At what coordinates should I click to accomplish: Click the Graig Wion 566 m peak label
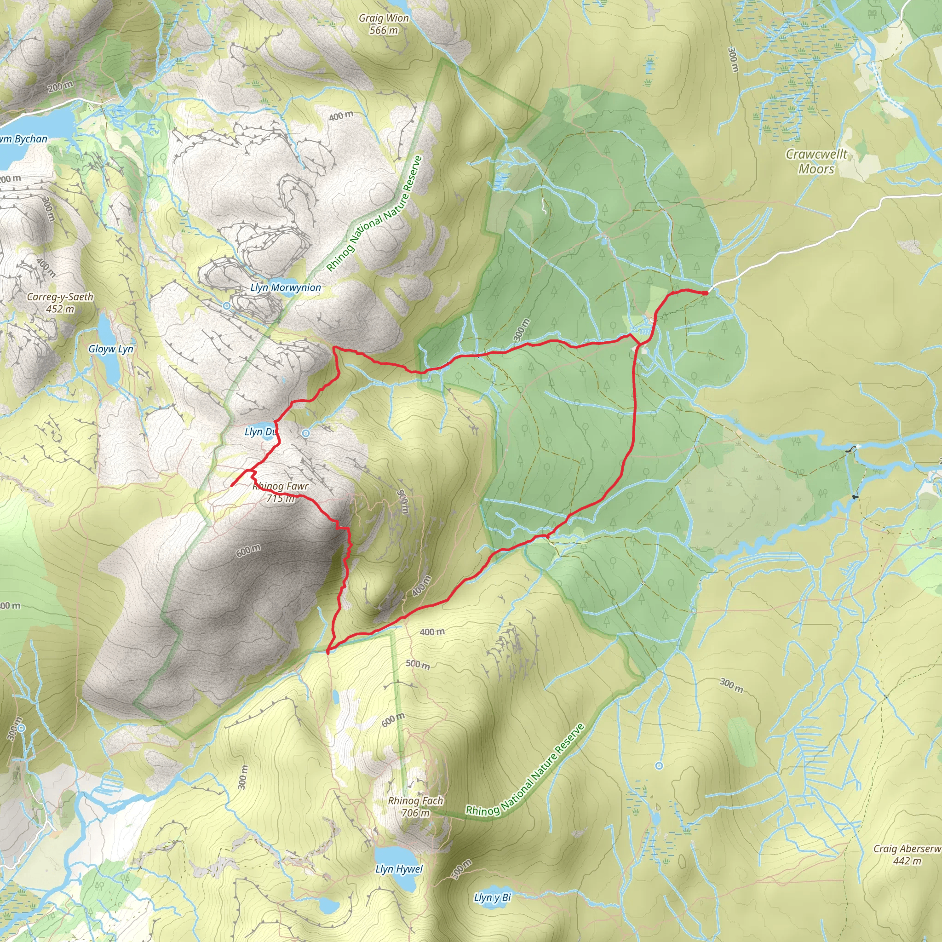[x=384, y=24]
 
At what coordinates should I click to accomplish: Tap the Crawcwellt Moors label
[x=816, y=161]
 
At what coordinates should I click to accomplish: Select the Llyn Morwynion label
[x=286, y=287]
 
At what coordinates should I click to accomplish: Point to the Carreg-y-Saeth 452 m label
[x=60, y=302]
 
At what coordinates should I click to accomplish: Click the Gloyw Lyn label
[x=111, y=349]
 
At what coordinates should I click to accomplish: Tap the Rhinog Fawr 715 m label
[x=281, y=492]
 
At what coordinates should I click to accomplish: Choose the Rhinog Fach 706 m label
[x=415, y=806]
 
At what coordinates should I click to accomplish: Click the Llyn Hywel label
[x=399, y=869]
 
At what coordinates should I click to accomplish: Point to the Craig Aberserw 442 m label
[x=907, y=855]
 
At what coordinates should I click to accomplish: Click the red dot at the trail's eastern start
[x=705, y=293]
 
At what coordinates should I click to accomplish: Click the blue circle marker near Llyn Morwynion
[x=227, y=306]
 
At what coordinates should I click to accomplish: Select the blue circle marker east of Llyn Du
[x=306, y=433]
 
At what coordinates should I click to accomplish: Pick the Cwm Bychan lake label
[x=23, y=139]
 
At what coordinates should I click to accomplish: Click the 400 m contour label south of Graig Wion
[x=341, y=116]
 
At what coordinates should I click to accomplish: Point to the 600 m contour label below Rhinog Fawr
[x=248, y=550]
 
